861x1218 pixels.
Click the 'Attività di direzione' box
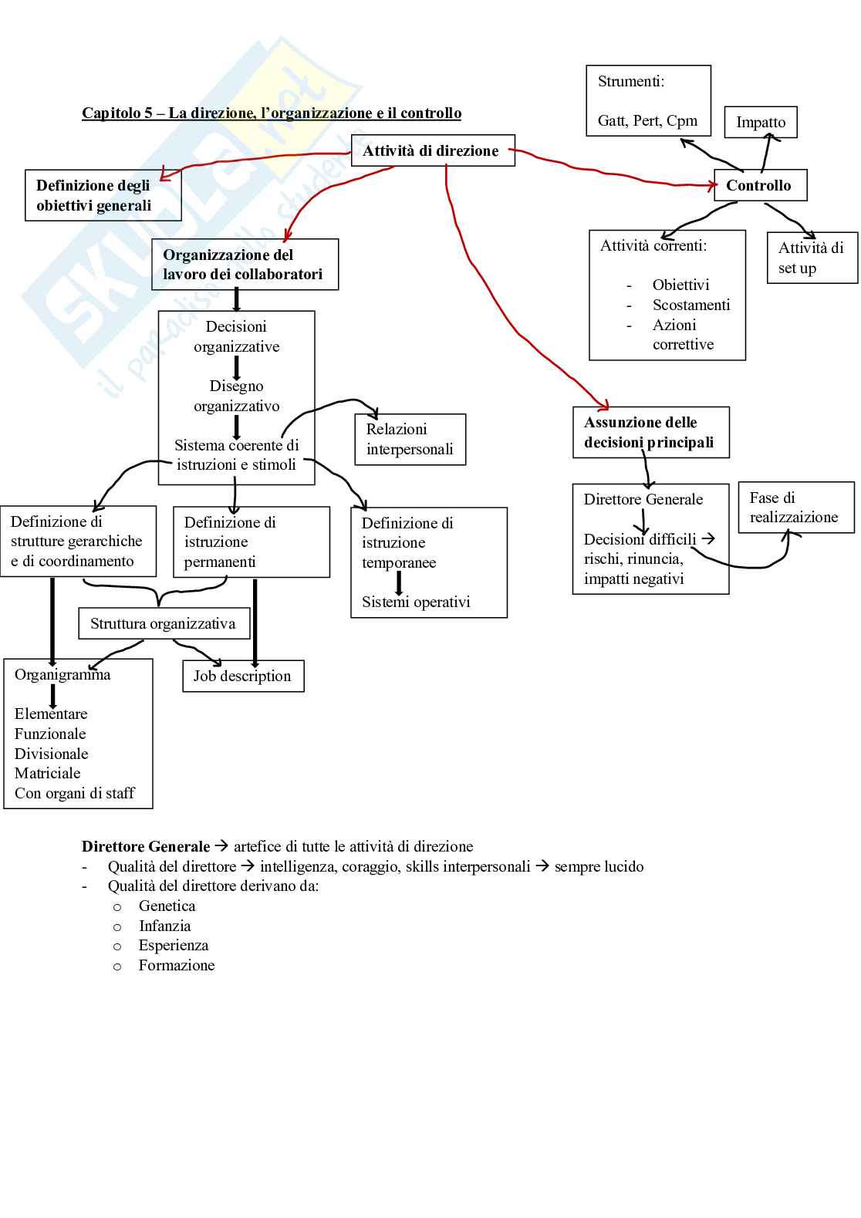(x=432, y=151)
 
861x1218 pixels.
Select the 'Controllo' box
(x=760, y=186)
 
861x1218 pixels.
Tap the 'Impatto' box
(x=761, y=123)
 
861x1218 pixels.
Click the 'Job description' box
(x=243, y=676)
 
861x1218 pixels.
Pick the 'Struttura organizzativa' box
(x=164, y=624)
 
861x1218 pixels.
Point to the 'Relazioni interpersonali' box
(x=410, y=440)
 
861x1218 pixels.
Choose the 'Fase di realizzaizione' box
(x=795, y=508)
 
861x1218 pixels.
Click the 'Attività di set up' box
(x=812, y=258)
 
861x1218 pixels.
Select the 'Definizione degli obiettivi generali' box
(x=103, y=196)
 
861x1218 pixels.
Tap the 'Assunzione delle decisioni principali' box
(x=650, y=433)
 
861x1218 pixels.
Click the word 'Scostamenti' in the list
(x=691, y=305)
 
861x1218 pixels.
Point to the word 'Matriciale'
(x=48, y=774)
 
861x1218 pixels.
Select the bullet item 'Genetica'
(x=167, y=906)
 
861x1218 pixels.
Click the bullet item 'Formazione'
(x=177, y=966)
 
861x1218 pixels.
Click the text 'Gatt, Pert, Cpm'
(x=647, y=121)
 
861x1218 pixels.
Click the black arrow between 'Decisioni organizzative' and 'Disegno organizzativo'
(x=237, y=367)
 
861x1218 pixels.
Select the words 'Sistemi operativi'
(x=416, y=602)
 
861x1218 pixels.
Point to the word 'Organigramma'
(x=62, y=675)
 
